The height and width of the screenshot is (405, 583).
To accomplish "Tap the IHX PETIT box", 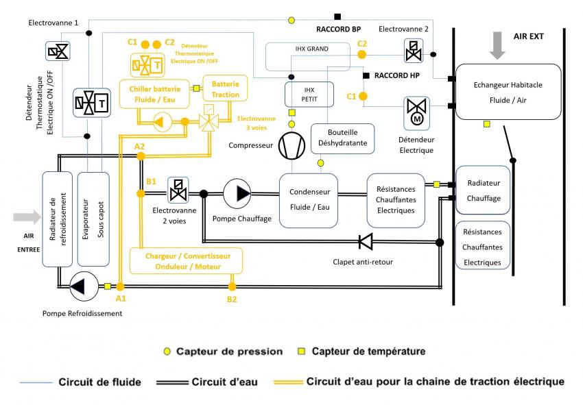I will [309, 94].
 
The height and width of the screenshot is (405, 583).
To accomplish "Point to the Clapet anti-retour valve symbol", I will [365, 241].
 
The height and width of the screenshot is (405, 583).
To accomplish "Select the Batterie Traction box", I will [225, 88].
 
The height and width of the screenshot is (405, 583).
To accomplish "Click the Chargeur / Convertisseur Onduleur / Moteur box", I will [189, 260].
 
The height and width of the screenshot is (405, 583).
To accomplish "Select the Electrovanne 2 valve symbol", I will [414, 49].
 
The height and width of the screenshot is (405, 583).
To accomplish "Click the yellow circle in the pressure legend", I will [166, 352].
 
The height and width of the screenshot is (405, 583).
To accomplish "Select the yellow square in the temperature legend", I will [300, 352].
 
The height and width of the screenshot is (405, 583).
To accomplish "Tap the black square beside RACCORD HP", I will [367, 75].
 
